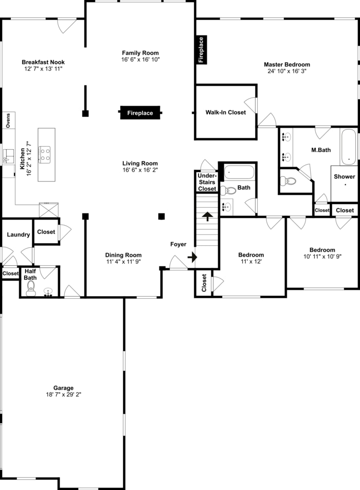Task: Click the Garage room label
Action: coord(63,388)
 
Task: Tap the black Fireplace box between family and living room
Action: coord(140,113)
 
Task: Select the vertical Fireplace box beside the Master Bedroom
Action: coord(201,50)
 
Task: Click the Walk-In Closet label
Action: coord(225,112)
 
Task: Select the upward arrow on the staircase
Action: coord(207,216)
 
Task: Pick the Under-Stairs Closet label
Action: coord(207,182)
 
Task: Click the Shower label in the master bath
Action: coord(344,176)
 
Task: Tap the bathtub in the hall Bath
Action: coord(239,171)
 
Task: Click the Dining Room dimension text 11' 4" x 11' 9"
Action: coord(123,262)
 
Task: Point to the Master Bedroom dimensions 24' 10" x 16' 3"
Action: coord(287,71)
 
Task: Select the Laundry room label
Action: coord(18,234)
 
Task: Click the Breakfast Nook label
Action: coord(43,62)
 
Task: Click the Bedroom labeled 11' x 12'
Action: coord(251,255)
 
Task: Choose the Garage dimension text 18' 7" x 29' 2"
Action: coord(63,395)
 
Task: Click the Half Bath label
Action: coord(30,274)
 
